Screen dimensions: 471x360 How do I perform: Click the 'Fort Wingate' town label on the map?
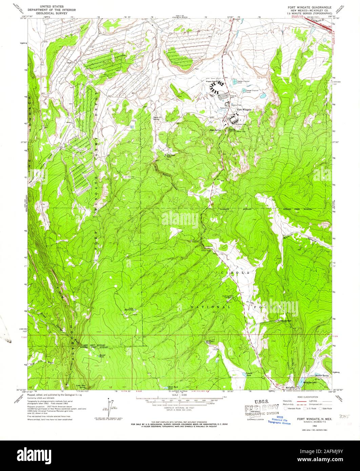[x=243, y=109]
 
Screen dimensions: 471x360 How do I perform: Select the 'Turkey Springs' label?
[x=284, y=321]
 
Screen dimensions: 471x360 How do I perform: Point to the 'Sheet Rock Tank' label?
[x=173, y=388]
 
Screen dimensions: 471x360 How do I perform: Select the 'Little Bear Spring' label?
[x=81, y=386]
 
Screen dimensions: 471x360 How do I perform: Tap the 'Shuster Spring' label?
[x=322, y=375]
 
